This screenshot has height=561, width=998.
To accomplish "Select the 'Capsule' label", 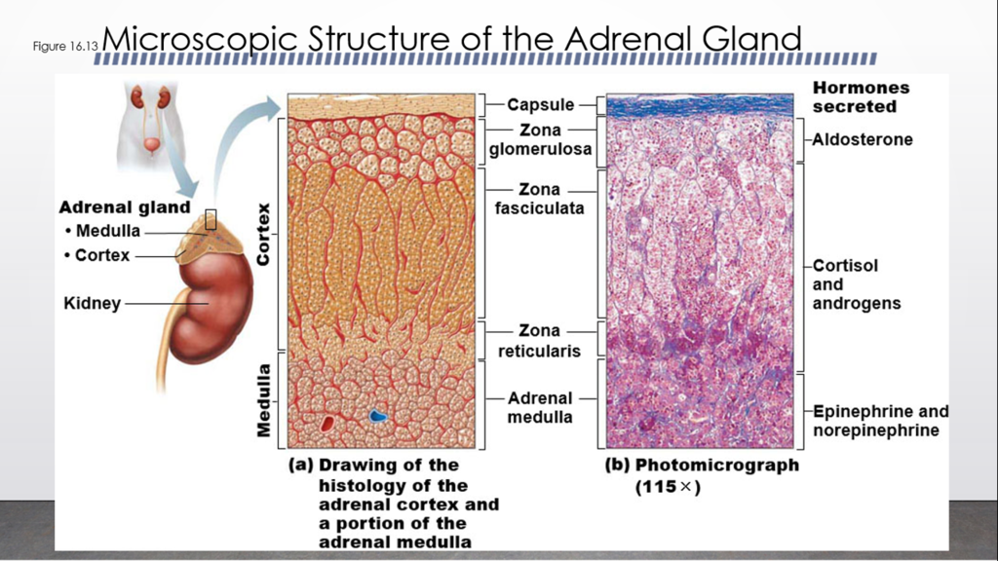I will pyautogui.click(x=540, y=105).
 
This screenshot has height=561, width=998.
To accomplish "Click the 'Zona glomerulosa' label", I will pyautogui.click(x=539, y=139).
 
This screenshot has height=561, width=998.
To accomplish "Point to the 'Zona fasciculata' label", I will pyautogui.click(x=539, y=199).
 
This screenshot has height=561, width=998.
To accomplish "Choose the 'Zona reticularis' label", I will pyautogui.click(x=539, y=341).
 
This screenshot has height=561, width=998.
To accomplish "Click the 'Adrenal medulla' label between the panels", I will pyautogui.click(x=540, y=408).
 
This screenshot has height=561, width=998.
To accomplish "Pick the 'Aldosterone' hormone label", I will pyautogui.click(x=863, y=139).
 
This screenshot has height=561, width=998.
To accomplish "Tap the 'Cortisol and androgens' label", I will pyautogui.click(x=856, y=284).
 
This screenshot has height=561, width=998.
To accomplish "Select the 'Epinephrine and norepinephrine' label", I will pyautogui.click(x=880, y=421).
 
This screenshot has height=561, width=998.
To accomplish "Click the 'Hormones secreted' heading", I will pyautogui.click(x=861, y=96).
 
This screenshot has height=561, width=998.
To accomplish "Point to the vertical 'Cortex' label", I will pyautogui.click(x=263, y=234).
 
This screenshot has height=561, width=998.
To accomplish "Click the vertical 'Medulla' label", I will pyautogui.click(x=263, y=400).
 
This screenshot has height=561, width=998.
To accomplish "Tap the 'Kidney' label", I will pyautogui.click(x=92, y=303).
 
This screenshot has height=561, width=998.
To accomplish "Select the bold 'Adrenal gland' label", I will pyautogui.click(x=124, y=207).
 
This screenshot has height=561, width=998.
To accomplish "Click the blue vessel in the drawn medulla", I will pyautogui.click(x=378, y=416).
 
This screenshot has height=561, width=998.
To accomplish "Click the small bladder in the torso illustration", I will pyautogui.click(x=151, y=146).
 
